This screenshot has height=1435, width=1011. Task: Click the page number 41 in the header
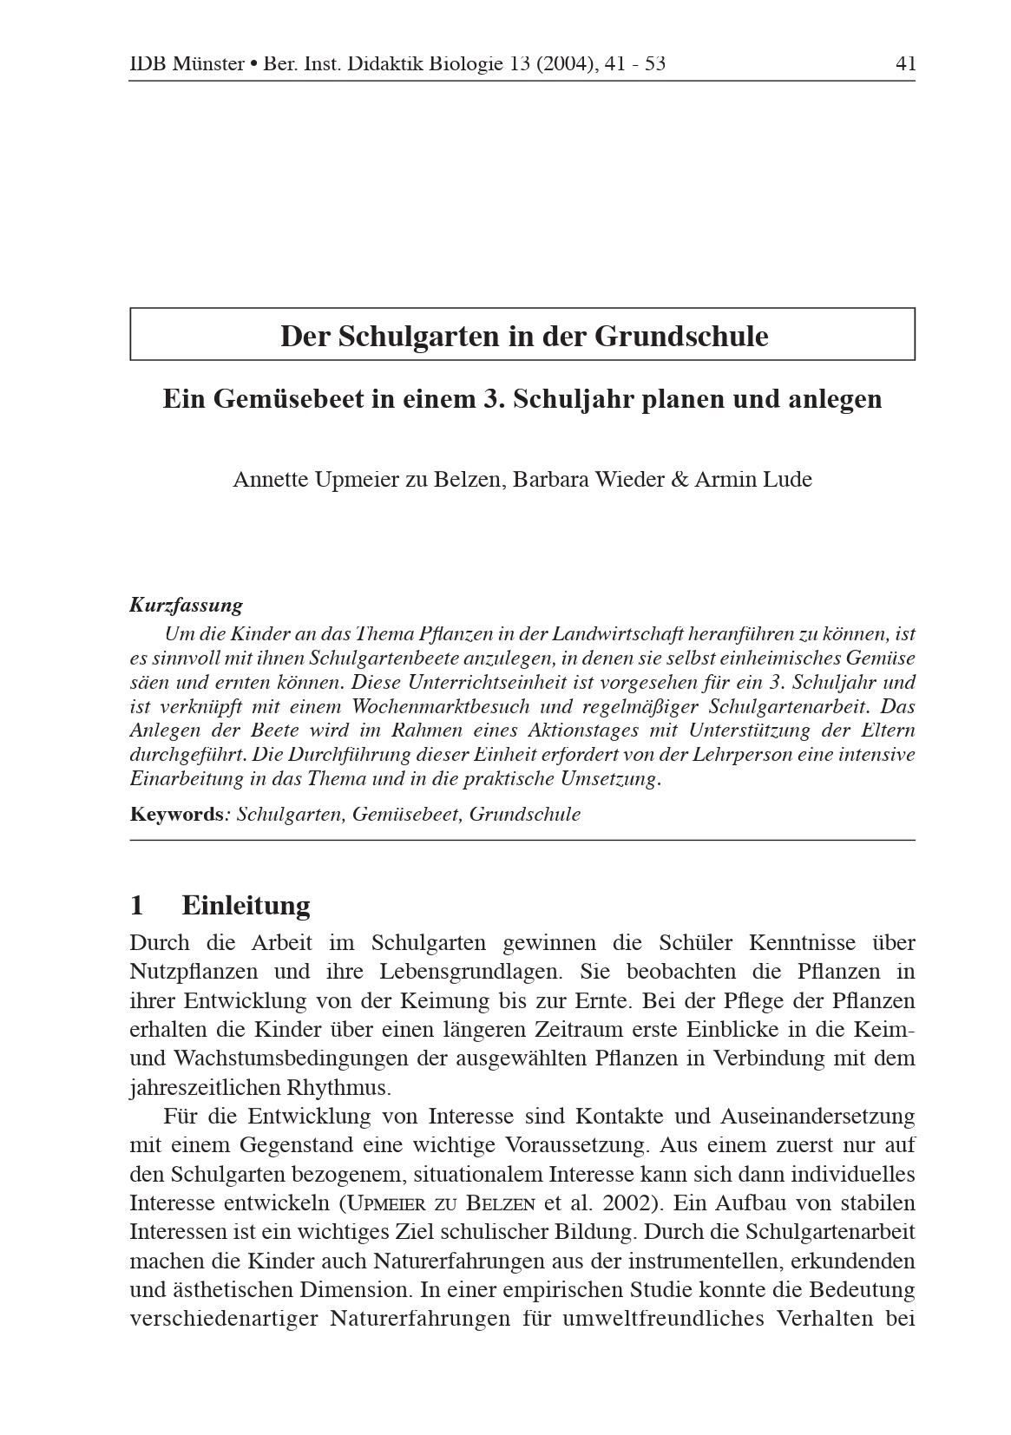(x=905, y=63)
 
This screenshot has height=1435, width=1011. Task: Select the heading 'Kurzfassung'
(x=186, y=605)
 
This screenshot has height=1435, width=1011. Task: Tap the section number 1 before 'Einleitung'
(x=136, y=906)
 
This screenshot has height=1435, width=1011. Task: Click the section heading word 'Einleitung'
(x=246, y=906)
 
